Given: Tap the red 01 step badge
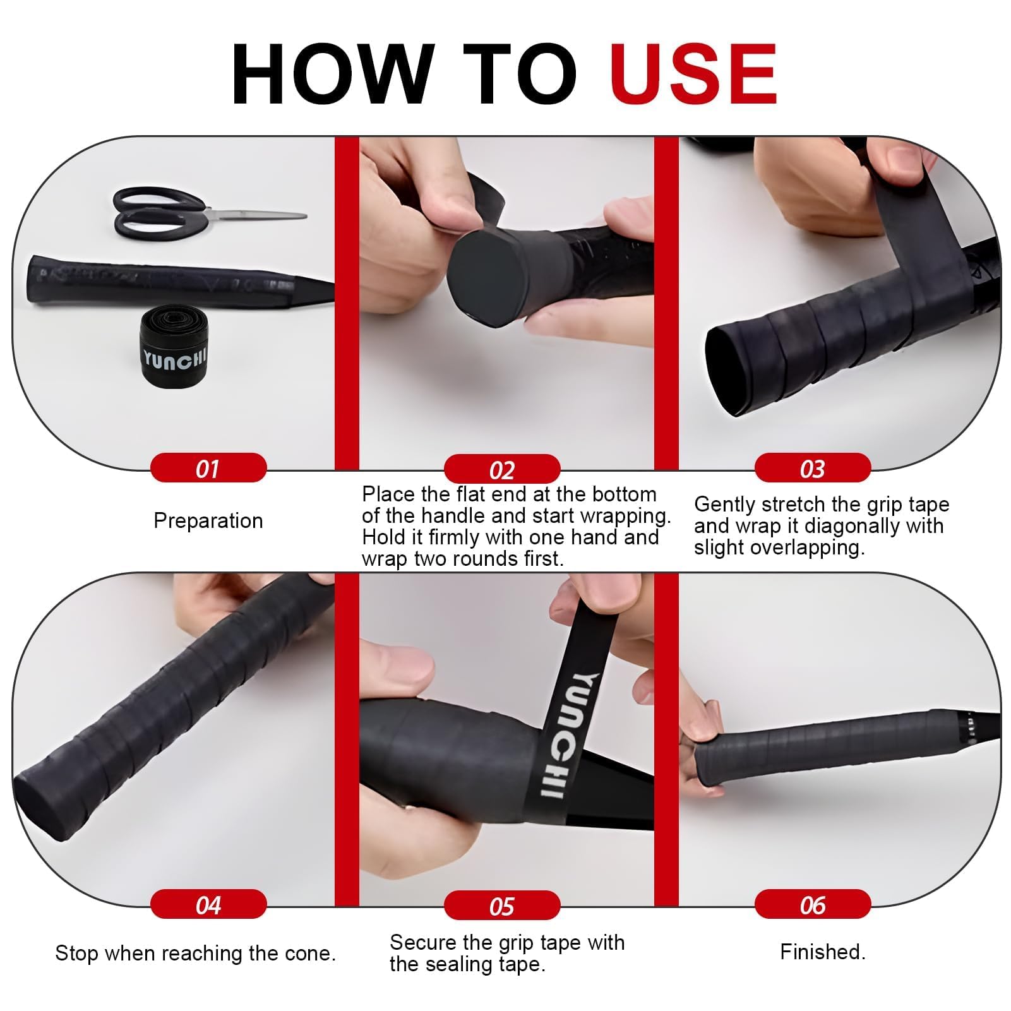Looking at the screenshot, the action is [208, 468].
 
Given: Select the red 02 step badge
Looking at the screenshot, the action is [502, 469].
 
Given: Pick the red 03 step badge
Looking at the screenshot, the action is [813, 468].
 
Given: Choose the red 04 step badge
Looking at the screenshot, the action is [208, 904].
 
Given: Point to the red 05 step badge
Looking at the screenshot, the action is [502, 906].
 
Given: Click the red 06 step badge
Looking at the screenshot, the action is [813, 904].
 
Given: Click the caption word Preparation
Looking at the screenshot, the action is [208, 520].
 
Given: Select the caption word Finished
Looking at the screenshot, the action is [823, 952].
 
